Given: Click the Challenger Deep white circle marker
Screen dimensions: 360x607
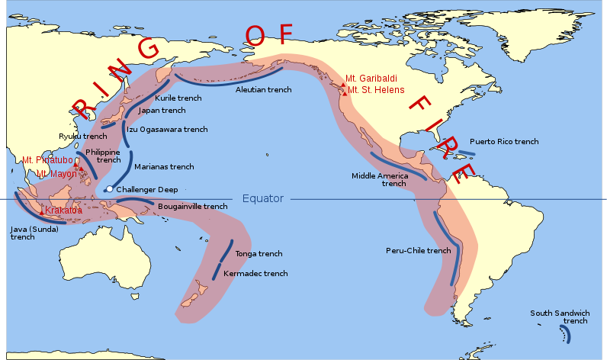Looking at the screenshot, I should [x=110, y=189].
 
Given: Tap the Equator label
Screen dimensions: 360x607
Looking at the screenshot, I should [x=263, y=199].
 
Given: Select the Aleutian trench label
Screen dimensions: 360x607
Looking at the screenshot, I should [x=263, y=90].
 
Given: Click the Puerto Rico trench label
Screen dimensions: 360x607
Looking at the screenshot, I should [x=504, y=142].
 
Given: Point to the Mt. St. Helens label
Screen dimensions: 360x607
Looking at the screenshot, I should [x=375, y=92].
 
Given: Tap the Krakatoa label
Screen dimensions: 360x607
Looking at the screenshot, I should [x=64, y=211].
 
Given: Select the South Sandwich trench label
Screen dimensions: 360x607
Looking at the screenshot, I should [x=560, y=317].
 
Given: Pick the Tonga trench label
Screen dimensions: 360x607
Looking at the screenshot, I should [x=259, y=254].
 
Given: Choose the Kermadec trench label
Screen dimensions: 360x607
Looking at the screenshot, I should [x=255, y=273].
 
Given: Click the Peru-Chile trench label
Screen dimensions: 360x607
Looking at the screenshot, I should [x=418, y=250].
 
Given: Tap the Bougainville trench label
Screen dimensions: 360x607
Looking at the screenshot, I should [x=192, y=206].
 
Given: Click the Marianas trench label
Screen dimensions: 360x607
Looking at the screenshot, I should [x=164, y=166].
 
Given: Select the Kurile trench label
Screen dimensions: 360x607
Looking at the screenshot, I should [x=178, y=98].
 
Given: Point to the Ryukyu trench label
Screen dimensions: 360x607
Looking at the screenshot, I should [x=84, y=137].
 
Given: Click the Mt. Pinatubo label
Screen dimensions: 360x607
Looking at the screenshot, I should [x=47, y=160].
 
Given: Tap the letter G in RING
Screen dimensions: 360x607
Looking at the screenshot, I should [x=146, y=50].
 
